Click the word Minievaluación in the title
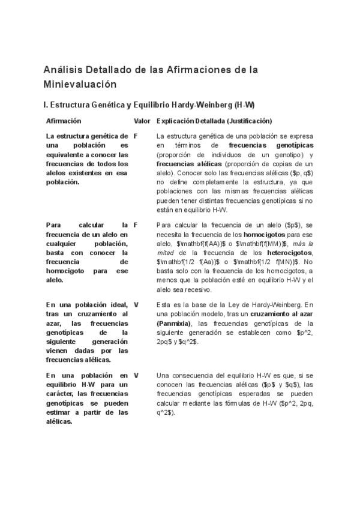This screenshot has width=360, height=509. pyautogui.click(x=80, y=85)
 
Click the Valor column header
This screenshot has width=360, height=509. pyautogui.click(x=142, y=121)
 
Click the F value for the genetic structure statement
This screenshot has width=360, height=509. pyautogui.click(x=136, y=136)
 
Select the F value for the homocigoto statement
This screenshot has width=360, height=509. pyautogui.click(x=136, y=224)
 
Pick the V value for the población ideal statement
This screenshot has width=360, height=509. pyautogui.click(x=136, y=305)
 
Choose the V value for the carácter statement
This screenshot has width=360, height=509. pyautogui.click(x=136, y=375)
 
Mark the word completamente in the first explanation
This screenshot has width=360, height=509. pyautogui.click(x=207, y=182)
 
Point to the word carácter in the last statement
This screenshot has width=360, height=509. pyautogui.click(x=59, y=394)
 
